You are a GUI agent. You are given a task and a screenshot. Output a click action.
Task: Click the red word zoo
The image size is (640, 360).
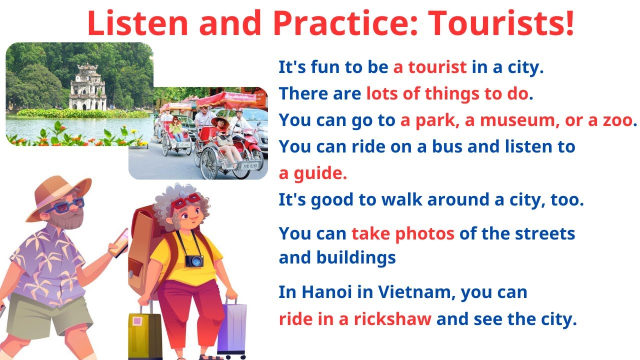click(614, 120)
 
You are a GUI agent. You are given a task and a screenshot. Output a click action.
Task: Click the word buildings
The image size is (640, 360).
click(355, 257)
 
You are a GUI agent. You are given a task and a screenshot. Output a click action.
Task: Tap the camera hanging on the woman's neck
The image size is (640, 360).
click(194, 260)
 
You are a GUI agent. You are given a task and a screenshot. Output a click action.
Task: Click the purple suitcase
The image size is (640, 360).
click(232, 327)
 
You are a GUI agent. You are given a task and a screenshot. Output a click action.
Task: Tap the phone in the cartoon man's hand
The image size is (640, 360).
click(120, 243)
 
